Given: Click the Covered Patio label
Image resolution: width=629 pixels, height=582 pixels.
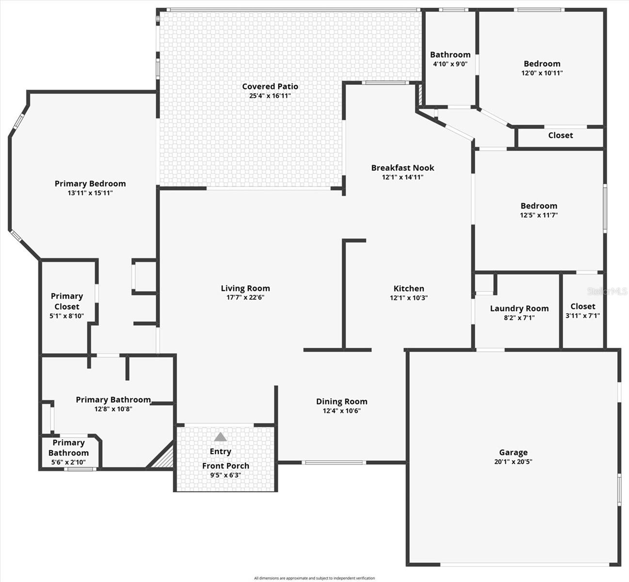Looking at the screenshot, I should [270, 86].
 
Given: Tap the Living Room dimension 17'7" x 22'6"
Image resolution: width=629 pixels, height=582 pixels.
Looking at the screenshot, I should [245, 298].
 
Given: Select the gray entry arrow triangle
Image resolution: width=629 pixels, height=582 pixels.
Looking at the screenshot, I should [221, 437].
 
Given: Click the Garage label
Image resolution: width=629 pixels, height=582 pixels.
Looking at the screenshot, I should [513, 453].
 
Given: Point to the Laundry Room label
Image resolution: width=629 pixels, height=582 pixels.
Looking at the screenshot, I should [519, 308].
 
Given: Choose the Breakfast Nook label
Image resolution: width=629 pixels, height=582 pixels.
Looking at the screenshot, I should [403, 168].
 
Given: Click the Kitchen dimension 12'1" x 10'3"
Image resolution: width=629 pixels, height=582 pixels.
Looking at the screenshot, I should [409, 298].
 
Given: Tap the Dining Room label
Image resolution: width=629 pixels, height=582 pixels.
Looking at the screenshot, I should [341, 402].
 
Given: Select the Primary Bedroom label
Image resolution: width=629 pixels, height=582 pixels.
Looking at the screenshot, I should [90, 183].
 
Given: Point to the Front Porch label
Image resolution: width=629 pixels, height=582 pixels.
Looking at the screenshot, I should [226, 466].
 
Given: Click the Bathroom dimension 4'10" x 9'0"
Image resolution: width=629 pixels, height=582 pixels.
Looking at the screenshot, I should [450, 64].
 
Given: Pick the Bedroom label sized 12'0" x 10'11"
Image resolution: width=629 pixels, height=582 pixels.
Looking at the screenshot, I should [542, 64].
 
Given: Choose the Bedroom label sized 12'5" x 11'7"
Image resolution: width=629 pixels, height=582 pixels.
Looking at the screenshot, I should [539, 206].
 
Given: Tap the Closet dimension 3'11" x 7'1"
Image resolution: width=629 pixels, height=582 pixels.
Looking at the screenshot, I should [582, 316].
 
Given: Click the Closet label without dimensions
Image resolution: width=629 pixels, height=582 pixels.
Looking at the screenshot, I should [560, 135].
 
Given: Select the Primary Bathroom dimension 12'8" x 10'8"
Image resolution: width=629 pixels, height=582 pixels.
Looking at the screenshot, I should [113, 409].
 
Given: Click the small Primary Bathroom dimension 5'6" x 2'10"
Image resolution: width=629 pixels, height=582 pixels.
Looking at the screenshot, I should [68, 462].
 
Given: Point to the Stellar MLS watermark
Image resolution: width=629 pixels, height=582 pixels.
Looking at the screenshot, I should [607, 291].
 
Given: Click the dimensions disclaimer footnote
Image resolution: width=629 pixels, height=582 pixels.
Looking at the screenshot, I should [314, 578].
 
